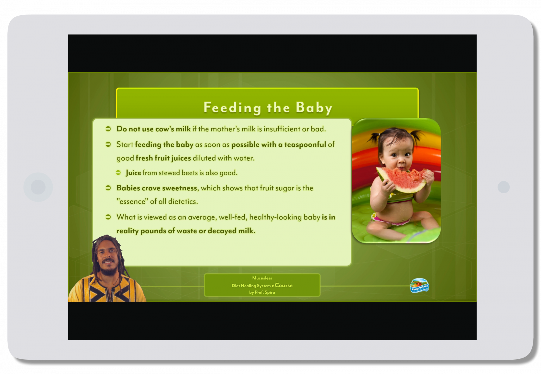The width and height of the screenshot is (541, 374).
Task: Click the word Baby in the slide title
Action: tap(314, 108)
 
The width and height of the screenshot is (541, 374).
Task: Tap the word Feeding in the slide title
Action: tap(232, 108)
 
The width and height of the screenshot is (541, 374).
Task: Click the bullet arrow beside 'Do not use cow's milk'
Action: tap(108, 129)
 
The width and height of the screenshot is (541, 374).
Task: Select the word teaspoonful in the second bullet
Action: tap(305, 144)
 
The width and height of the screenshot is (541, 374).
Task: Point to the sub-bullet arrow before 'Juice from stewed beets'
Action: tap(118, 173)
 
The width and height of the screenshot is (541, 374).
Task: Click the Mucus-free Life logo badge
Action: tap(420, 286)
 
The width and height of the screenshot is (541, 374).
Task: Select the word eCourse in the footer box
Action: tap(282, 285)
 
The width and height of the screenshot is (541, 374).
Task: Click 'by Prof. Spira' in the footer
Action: tap(262, 292)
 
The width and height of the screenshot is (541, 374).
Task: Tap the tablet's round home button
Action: tap(38, 187)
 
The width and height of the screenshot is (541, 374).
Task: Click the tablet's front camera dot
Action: tap(504, 187)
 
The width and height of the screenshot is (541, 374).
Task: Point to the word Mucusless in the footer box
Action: tap(262, 278)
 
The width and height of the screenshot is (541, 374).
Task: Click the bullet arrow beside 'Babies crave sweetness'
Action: tap(108, 188)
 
